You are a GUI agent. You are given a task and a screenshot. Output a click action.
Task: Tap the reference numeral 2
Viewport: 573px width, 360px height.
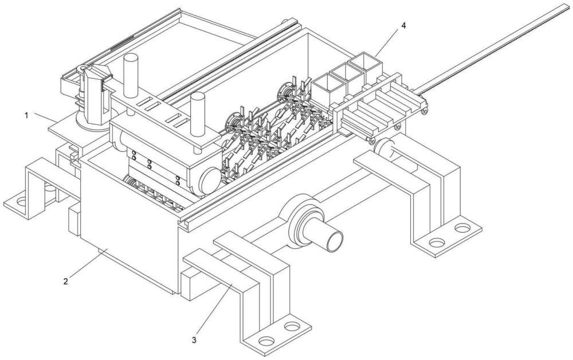[x=66, y=281]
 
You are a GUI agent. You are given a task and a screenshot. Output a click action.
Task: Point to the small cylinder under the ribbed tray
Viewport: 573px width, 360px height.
[x=387, y=150]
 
